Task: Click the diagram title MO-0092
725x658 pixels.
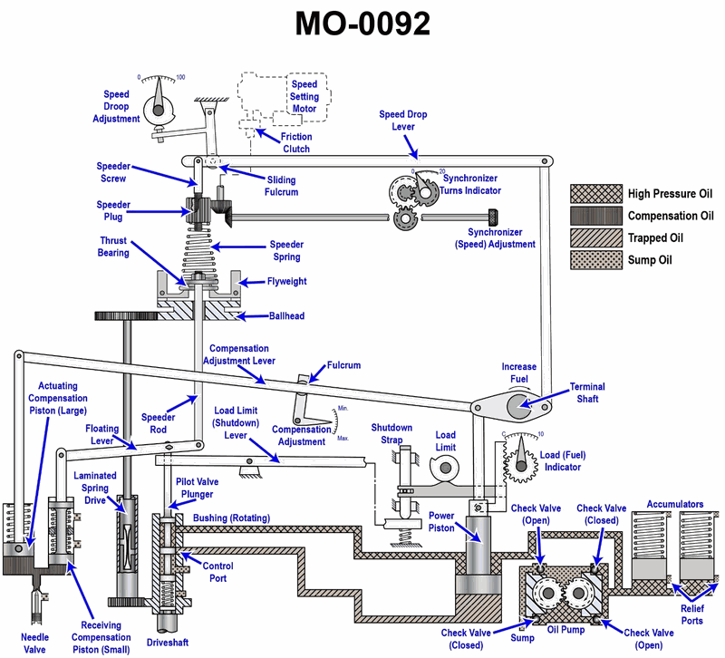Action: tap(362, 25)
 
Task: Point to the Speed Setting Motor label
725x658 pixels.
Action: tap(304, 97)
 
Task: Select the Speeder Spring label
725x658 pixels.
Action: tap(286, 251)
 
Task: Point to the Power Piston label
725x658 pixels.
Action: tap(441, 522)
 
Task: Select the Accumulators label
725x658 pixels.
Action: tap(674, 504)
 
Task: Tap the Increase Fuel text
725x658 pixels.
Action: tap(519, 373)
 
